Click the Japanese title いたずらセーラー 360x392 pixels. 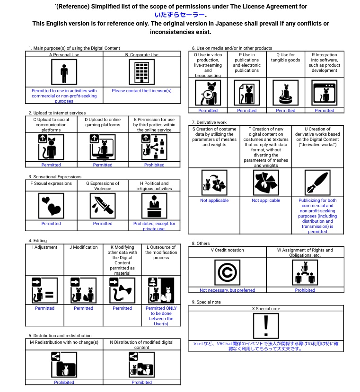pyautogui.click(x=179, y=15)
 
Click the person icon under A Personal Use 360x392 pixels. pyautogui.click(x=64, y=72)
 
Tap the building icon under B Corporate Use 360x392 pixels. pyautogui.click(x=141, y=72)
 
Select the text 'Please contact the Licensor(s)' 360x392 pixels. pyautogui.click(x=141, y=91)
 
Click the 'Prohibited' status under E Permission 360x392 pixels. pyautogui.click(x=154, y=165)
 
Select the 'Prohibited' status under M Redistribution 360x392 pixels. pyautogui.click(x=64, y=383)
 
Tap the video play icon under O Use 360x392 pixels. pyautogui.click(x=208, y=93)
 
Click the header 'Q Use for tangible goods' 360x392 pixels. pyautogui.click(x=285, y=58)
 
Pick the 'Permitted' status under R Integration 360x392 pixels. pyautogui.click(x=324, y=111)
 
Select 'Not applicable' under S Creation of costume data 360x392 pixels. pyautogui.click(x=214, y=200)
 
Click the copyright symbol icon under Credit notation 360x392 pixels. pyautogui.click(x=227, y=272)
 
